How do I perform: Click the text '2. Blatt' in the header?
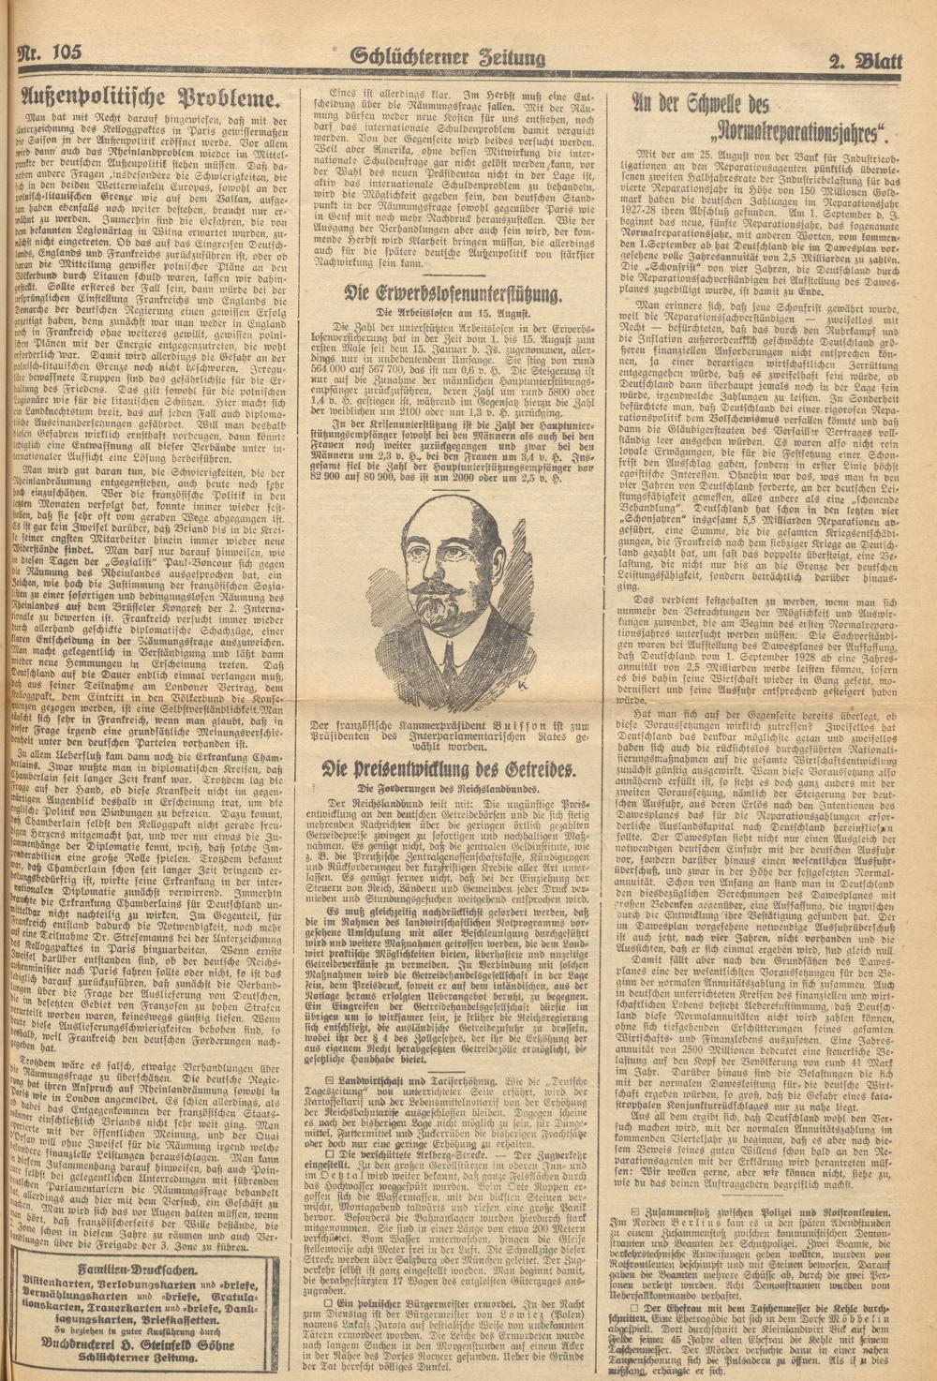pos(864,62)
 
